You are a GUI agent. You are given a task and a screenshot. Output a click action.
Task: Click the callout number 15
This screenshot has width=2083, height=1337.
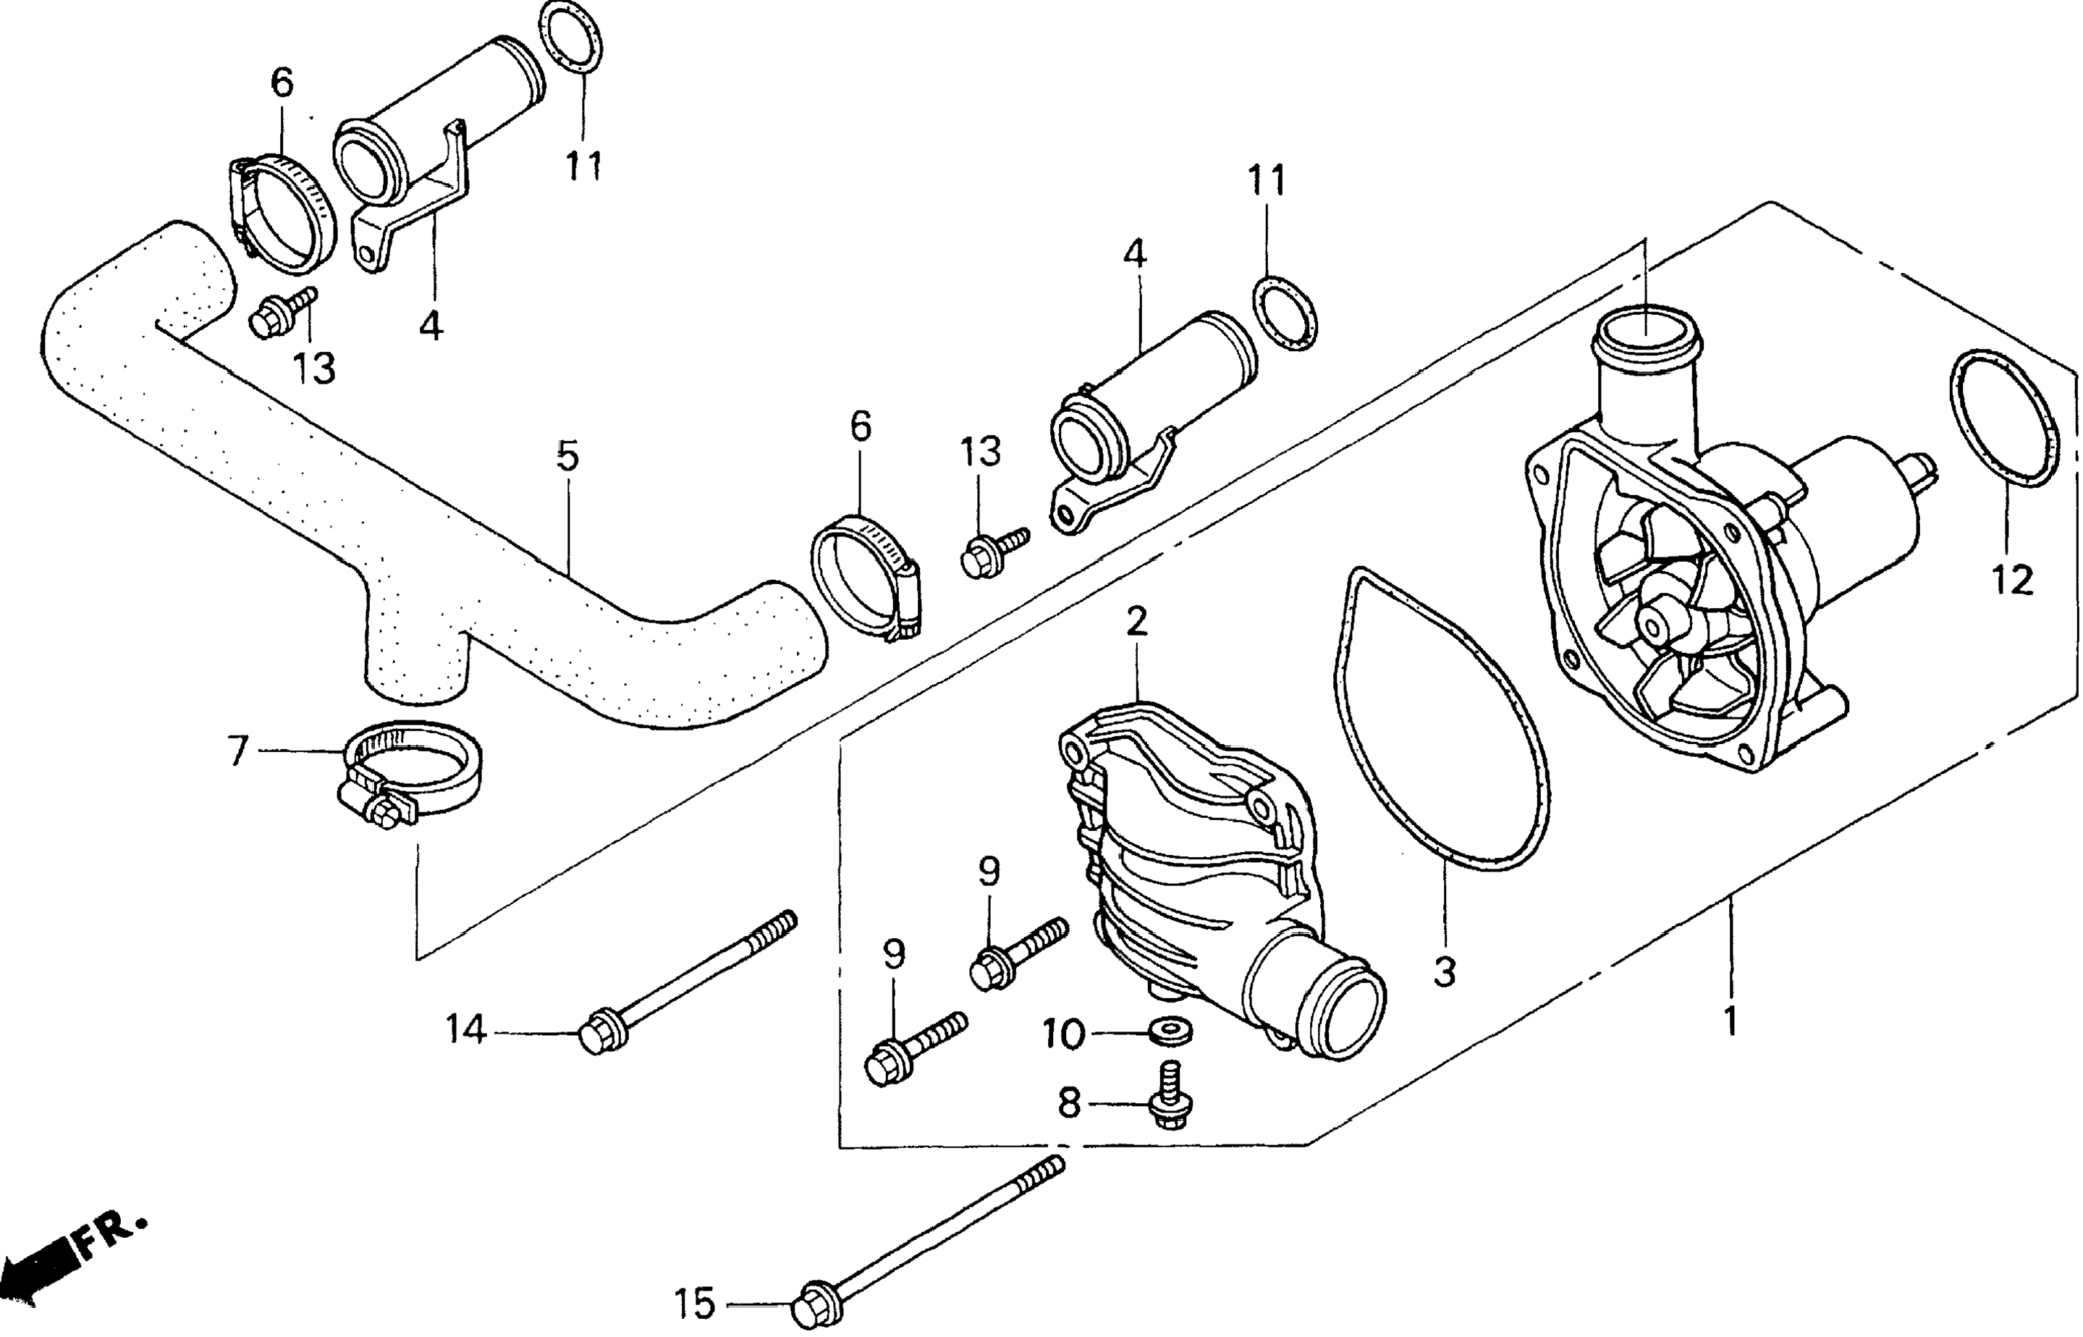click(x=693, y=1302)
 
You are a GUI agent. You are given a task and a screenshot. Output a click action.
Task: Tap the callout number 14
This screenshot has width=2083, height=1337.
click(x=465, y=1031)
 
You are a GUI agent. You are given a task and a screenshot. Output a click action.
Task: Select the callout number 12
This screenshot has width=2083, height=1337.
click(x=2013, y=579)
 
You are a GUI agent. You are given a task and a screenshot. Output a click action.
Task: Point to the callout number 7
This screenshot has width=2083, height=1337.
click(x=239, y=749)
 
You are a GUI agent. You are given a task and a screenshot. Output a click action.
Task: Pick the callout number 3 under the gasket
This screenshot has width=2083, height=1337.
click(x=1443, y=972)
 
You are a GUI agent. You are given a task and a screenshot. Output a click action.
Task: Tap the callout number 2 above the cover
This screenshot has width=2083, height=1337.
click(x=1137, y=622)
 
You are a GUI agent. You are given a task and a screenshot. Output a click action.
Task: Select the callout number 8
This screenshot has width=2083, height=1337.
click(x=1069, y=1105)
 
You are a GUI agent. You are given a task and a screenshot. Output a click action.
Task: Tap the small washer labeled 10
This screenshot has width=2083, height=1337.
click(x=1168, y=1032)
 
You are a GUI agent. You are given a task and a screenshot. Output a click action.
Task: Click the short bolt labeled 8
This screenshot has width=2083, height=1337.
click(x=1170, y=1096)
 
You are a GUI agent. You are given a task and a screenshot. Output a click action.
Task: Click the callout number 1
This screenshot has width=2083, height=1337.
click(x=1730, y=1022)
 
